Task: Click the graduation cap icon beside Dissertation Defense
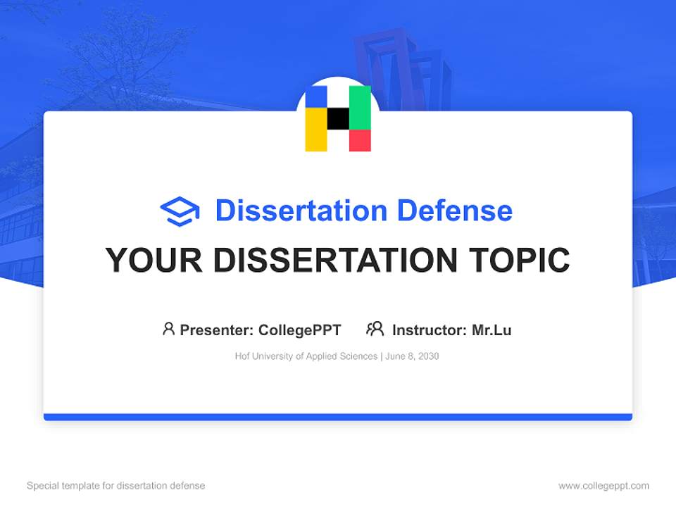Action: pyautogui.click(x=180, y=211)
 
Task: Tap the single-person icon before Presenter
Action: pyautogui.click(x=168, y=329)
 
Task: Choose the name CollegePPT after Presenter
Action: pyautogui.click(x=300, y=330)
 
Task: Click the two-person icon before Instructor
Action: pyautogui.click(x=375, y=329)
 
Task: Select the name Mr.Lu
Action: pyautogui.click(x=492, y=330)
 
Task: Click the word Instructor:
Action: pyautogui.click(x=430, y=330)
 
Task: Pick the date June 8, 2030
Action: pyautogui.click(x=412, y=356)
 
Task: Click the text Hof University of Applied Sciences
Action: pyautogui.click(x=306, y=356)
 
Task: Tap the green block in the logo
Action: pyautogui.click(x=360, y=107)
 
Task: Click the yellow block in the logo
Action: pyautogui.click(x=315, y=130)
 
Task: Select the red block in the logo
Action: pyautogui.click(x=360, y=141)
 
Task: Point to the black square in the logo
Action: pyautogui.click(x=338, y=118)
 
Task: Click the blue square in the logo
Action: pyautogui.click(x=315, y=96)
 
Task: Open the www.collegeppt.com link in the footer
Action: pyautogui.click(x=603, y=486)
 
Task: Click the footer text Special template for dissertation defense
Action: pyautogui.click(x=116, y=486)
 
